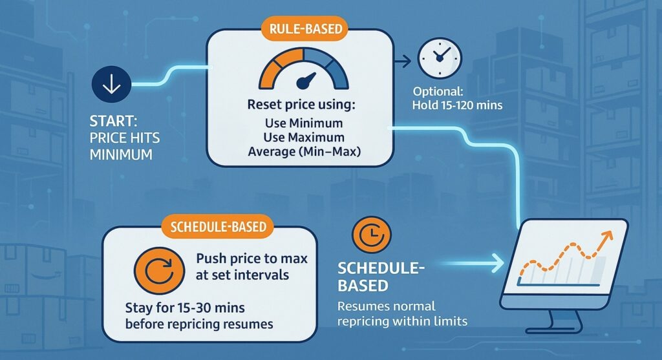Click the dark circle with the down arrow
(112, 85)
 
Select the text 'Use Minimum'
(299, 123)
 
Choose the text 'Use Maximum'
(299, 137)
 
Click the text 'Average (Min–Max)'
(299, 152)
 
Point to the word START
(116, 122)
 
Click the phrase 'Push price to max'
(251, 259)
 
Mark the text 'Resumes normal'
(385, 306)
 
